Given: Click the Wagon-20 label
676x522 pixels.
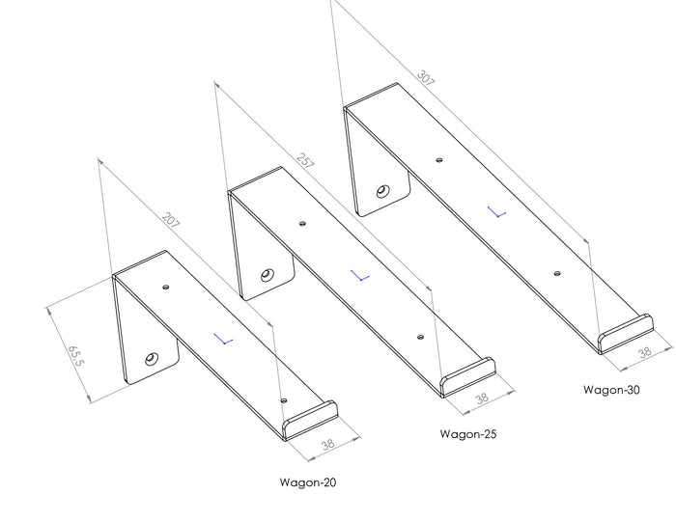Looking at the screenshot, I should pos(308,481).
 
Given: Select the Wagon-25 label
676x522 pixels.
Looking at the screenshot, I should pos(467,434).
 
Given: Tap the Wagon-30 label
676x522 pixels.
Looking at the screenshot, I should pos(611,391).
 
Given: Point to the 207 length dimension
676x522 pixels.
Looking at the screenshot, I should pos(171,222).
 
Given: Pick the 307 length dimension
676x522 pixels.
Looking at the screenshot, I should pos(425,77).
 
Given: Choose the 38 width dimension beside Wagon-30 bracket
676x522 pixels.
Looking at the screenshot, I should pos(641,354).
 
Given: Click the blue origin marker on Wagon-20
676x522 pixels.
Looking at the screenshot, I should pos(224,339).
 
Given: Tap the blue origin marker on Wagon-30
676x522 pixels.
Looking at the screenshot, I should pos(496,211).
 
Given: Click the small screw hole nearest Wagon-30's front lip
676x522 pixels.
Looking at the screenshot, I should pos(557,273).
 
